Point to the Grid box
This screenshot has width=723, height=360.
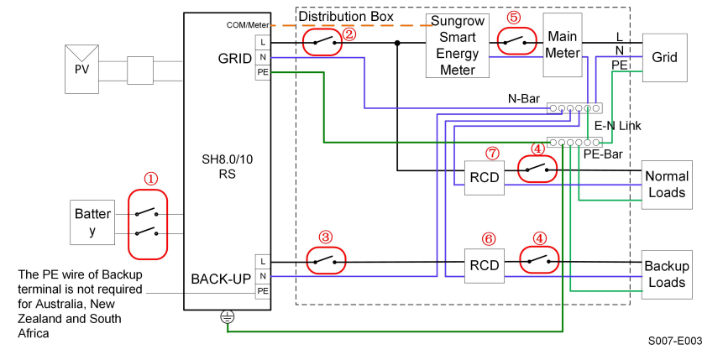point(665,57)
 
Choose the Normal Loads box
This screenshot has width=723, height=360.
point(667,185)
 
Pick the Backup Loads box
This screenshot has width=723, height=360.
point(666,274)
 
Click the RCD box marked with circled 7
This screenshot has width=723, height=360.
point(483,177)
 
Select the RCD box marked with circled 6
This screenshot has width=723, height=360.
point(483,267)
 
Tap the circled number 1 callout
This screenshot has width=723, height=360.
point(149,179)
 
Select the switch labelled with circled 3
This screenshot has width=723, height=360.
point(324,261)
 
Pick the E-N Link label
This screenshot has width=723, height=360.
point(617,125)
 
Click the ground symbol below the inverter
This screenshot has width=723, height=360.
point(227,317)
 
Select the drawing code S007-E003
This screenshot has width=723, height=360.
point(674,342)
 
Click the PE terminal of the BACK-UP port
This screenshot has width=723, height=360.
point(262,290)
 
